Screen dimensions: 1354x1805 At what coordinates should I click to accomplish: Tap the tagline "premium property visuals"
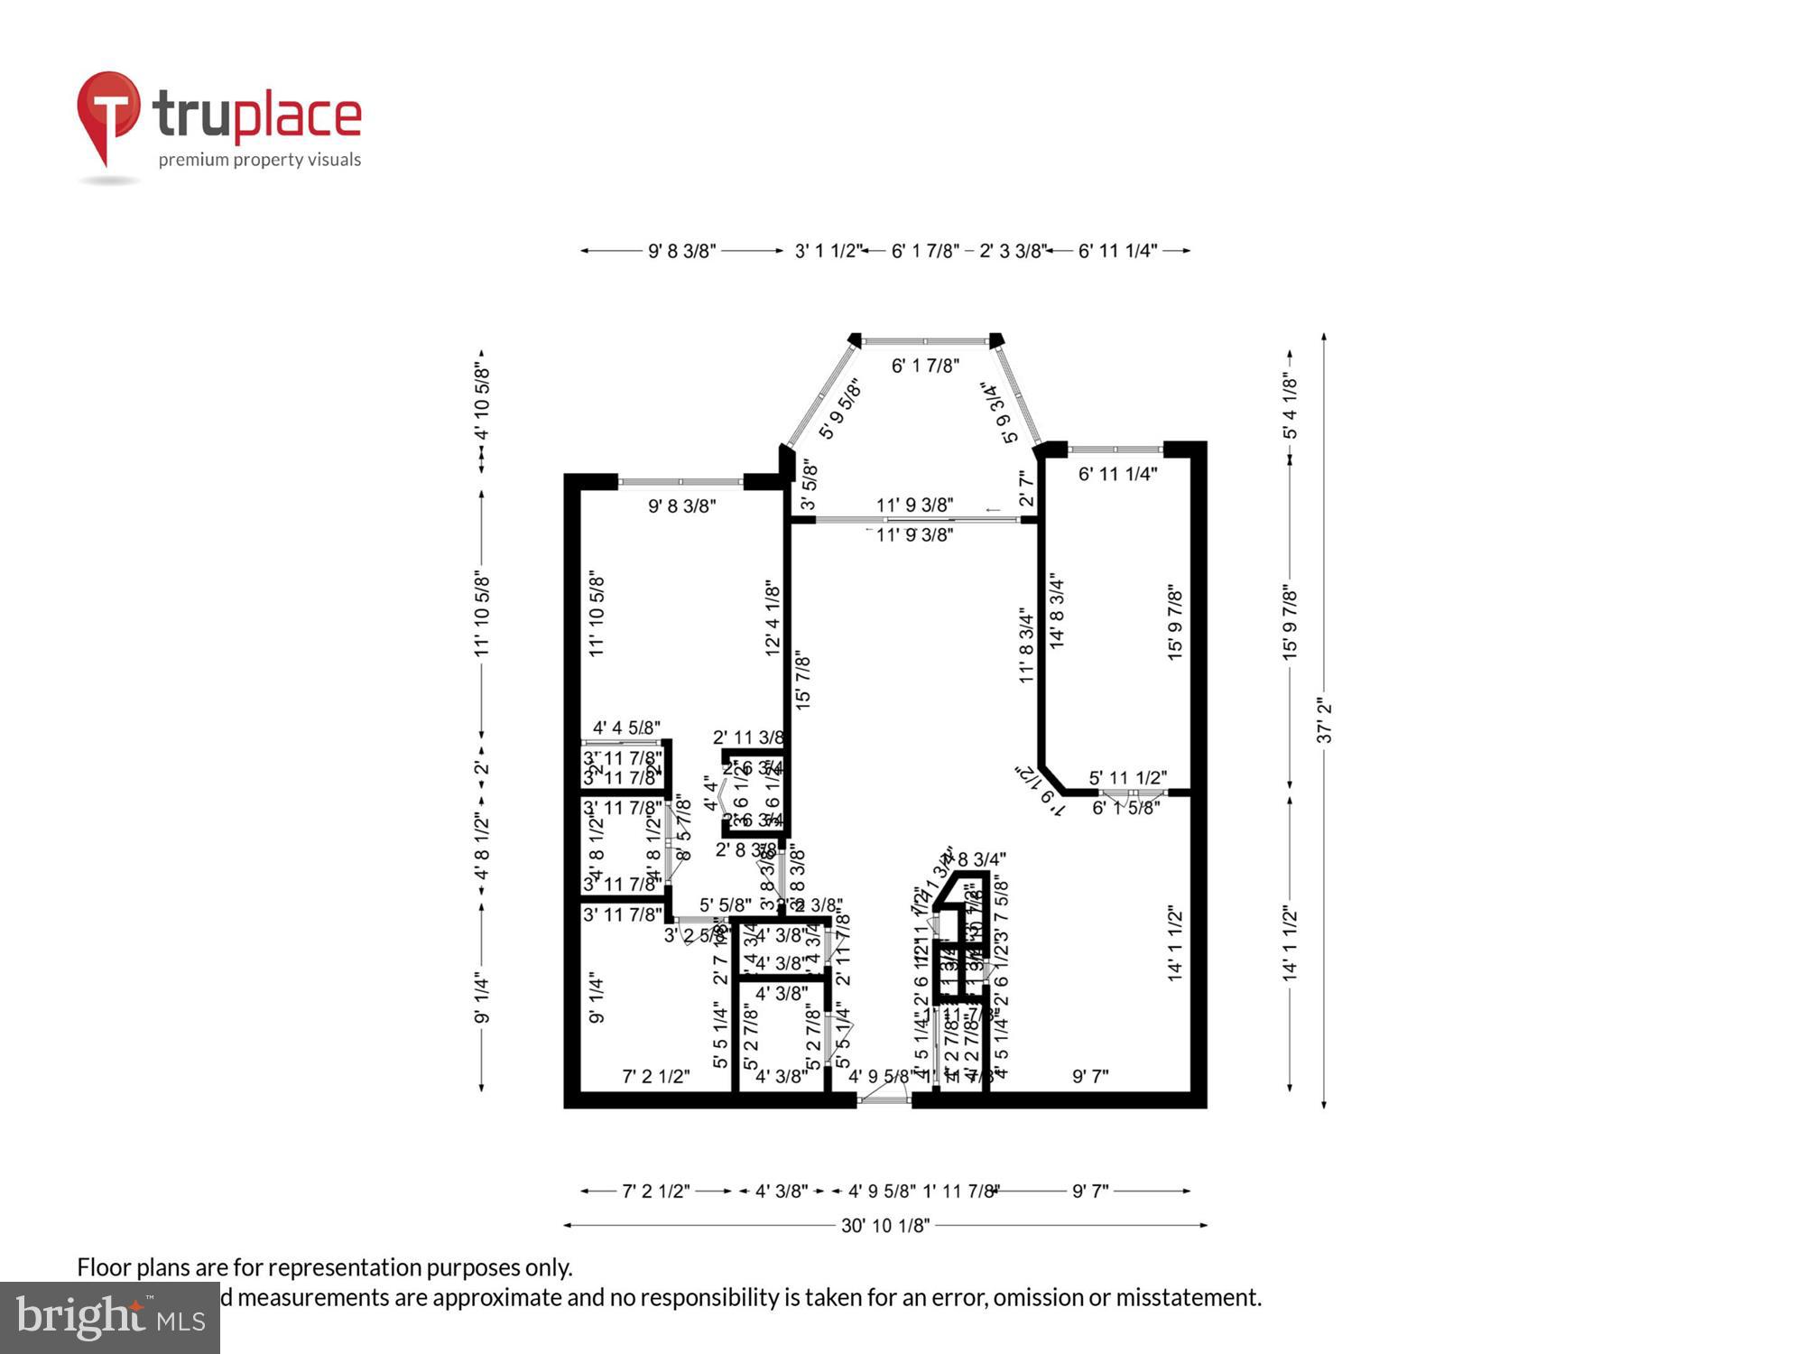pos(260,160)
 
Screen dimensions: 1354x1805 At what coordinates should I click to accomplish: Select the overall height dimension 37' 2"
pos(1324,720)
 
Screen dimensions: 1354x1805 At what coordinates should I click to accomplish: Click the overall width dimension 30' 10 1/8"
pos(885,1225)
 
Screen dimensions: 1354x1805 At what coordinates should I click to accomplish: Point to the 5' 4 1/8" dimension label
pos(1291,406)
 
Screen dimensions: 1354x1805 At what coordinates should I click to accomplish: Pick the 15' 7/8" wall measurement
pos(803,681)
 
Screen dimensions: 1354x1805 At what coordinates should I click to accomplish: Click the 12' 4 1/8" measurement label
pos(773,618)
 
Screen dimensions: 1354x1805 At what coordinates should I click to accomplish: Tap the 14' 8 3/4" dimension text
pos(1058,610)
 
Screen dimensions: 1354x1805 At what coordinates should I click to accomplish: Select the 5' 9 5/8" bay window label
pos(840,409)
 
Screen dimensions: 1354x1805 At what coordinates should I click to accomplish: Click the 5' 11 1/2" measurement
pos(1128,777)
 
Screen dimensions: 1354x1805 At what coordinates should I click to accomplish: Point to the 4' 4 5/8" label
pos(626,727)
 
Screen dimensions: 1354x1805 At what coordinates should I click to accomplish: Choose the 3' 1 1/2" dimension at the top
pos(827,251)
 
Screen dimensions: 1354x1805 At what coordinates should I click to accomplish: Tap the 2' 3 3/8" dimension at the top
pos(1013,251)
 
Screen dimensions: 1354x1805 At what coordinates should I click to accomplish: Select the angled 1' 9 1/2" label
pos(1041,791)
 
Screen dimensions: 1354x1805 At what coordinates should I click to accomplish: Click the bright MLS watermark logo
pos(110,1318)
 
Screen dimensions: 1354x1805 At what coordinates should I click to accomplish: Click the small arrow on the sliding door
pos(993,511)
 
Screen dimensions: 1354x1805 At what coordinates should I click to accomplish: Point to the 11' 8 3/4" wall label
pos(1026,645)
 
